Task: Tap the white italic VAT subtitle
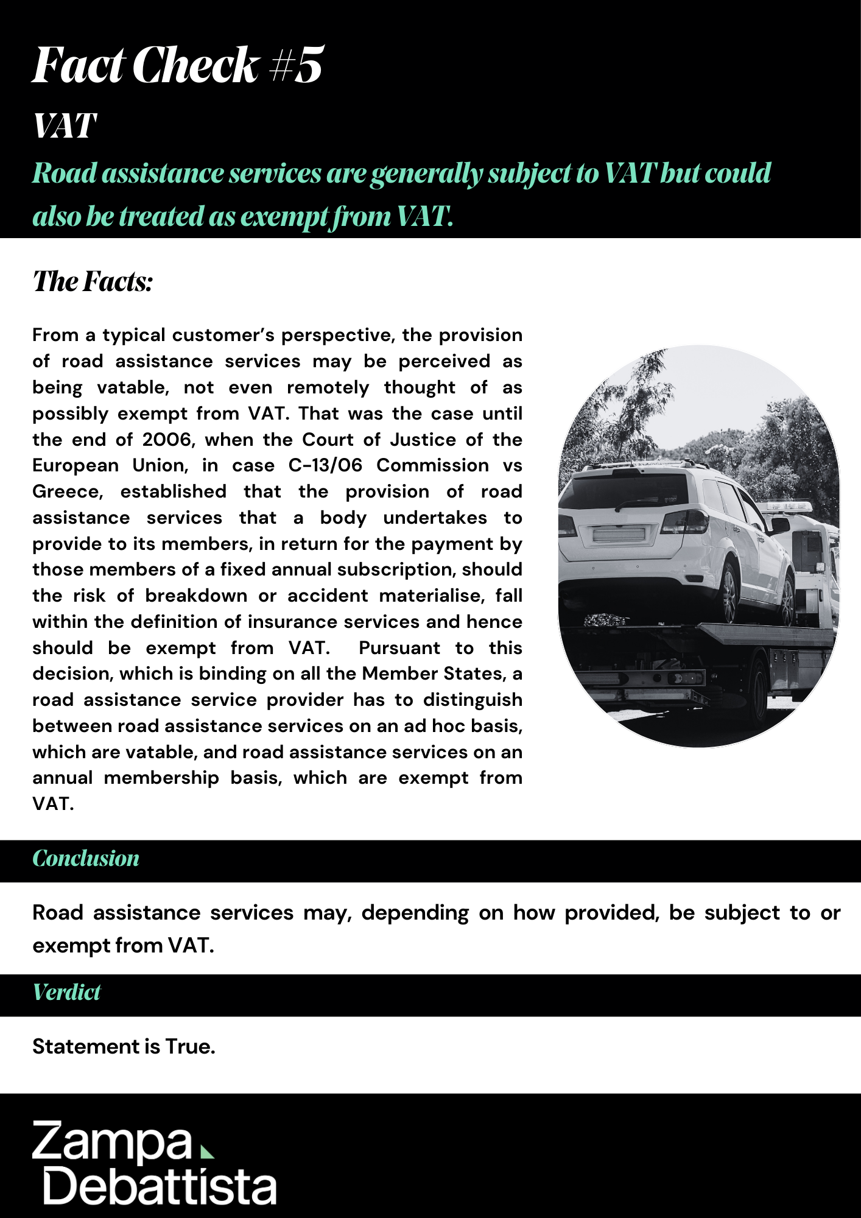pos(64,127)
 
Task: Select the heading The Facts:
pos(93,281)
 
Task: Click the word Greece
pos(67,492)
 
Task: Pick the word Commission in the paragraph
pos(432,466)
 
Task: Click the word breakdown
pos(195,596)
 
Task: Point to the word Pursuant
pos(399,649)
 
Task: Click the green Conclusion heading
pos(86,859)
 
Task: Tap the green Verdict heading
pos(66,993)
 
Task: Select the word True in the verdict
pos(190,1047)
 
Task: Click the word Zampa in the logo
pos(112,1141)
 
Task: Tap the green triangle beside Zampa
pos(207,1151)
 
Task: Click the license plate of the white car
pos(619,535)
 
